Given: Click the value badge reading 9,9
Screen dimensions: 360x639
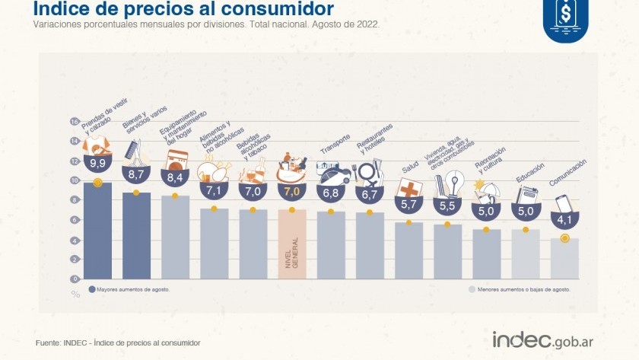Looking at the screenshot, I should [x=97, y=163].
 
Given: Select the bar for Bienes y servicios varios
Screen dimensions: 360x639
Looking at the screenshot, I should [x=136, y=236].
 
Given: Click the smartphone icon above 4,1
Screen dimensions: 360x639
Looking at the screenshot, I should [x=564, y=205].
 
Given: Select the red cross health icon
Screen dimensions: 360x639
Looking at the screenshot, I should [x=409, y=190].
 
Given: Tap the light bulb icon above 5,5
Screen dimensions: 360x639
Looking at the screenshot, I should [x=453, y=183].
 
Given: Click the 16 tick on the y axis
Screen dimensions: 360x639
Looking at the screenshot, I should [x=75, y=122].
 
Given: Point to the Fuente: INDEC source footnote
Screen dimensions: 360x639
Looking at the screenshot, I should [x=118, y=343].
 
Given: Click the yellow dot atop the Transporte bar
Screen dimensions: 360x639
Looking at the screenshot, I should [x=331, y=211].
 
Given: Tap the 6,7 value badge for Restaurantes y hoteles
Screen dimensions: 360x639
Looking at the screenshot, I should [x=370, y=195].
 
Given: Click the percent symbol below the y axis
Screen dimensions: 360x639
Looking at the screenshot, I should [x=75, y=293].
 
